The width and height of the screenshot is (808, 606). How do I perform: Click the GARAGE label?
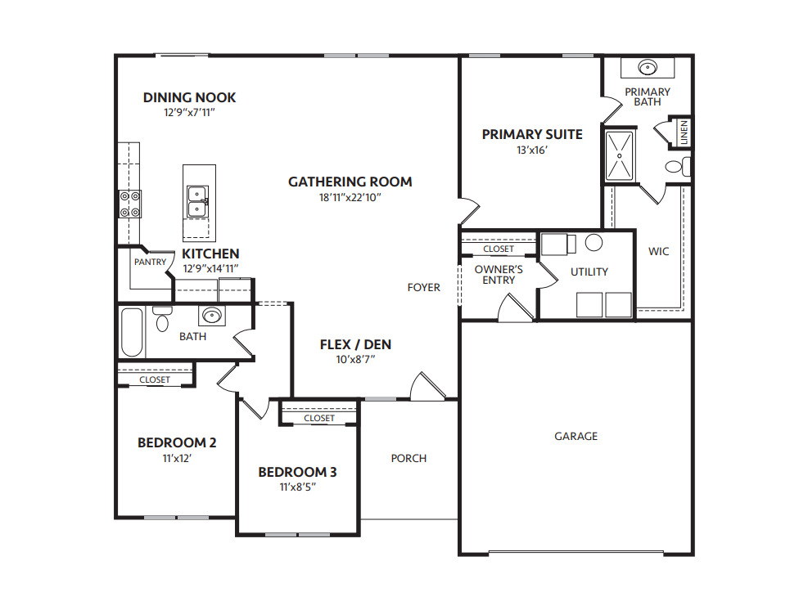point(576,437)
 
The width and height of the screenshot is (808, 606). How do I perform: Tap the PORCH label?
point(409,458)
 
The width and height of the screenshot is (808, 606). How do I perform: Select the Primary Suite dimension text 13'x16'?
point(531,150)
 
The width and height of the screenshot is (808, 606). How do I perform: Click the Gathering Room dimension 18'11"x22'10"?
point(350,197)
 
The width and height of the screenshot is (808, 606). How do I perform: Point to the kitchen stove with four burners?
point(130,204)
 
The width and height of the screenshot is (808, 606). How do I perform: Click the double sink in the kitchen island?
point(197,201)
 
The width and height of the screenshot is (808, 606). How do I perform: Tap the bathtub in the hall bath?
point(132,332)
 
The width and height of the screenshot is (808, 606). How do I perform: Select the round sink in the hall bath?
point(212,315)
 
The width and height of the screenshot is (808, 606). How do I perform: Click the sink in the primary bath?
point(648,68)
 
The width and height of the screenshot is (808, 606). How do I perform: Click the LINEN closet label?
point(684,133)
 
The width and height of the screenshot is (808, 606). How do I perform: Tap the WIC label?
point(658,252)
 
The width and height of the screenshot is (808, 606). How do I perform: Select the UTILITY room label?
point(589,272)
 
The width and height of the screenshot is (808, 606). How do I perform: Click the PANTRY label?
point(150,263)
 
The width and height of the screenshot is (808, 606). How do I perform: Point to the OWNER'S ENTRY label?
point(499,275)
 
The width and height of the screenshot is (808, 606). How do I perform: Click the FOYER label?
point(424,287)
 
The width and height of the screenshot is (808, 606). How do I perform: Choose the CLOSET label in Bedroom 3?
point(318,418)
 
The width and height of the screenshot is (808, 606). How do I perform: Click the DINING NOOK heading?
point(189,97)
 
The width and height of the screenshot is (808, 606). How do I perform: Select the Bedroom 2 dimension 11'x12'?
point(176,459)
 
